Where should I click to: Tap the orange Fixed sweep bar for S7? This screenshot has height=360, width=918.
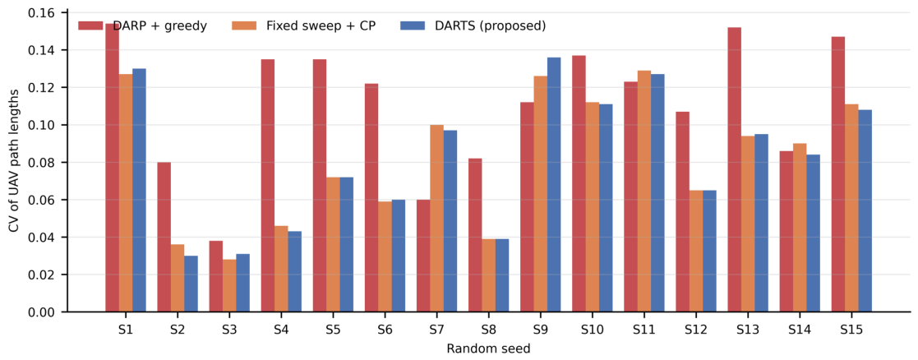(436, 219)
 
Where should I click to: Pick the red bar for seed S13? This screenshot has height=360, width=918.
(734, 170)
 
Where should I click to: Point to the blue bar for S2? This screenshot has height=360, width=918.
(191, 284)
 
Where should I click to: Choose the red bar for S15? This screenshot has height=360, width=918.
(837, 174)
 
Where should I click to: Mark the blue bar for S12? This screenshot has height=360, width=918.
(709, 252)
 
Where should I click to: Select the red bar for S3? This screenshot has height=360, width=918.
(216, 276)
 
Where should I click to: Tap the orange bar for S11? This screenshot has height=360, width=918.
(644, 192)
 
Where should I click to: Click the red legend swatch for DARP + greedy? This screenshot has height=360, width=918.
(90, 26)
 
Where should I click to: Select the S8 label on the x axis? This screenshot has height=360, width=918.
(488, 330)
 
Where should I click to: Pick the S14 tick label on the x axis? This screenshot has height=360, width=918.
(799, 330)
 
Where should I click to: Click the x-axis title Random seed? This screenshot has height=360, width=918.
(488, 348)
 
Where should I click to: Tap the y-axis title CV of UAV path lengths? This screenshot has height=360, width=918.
(13, 162)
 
